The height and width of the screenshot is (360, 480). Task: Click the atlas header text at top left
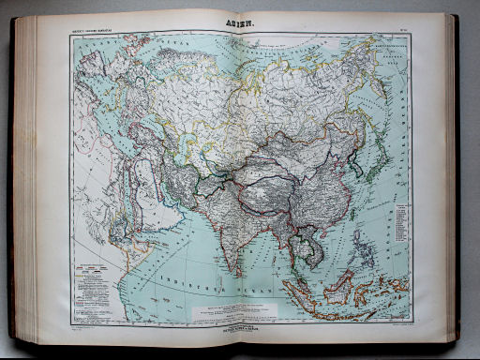coord(97,35)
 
